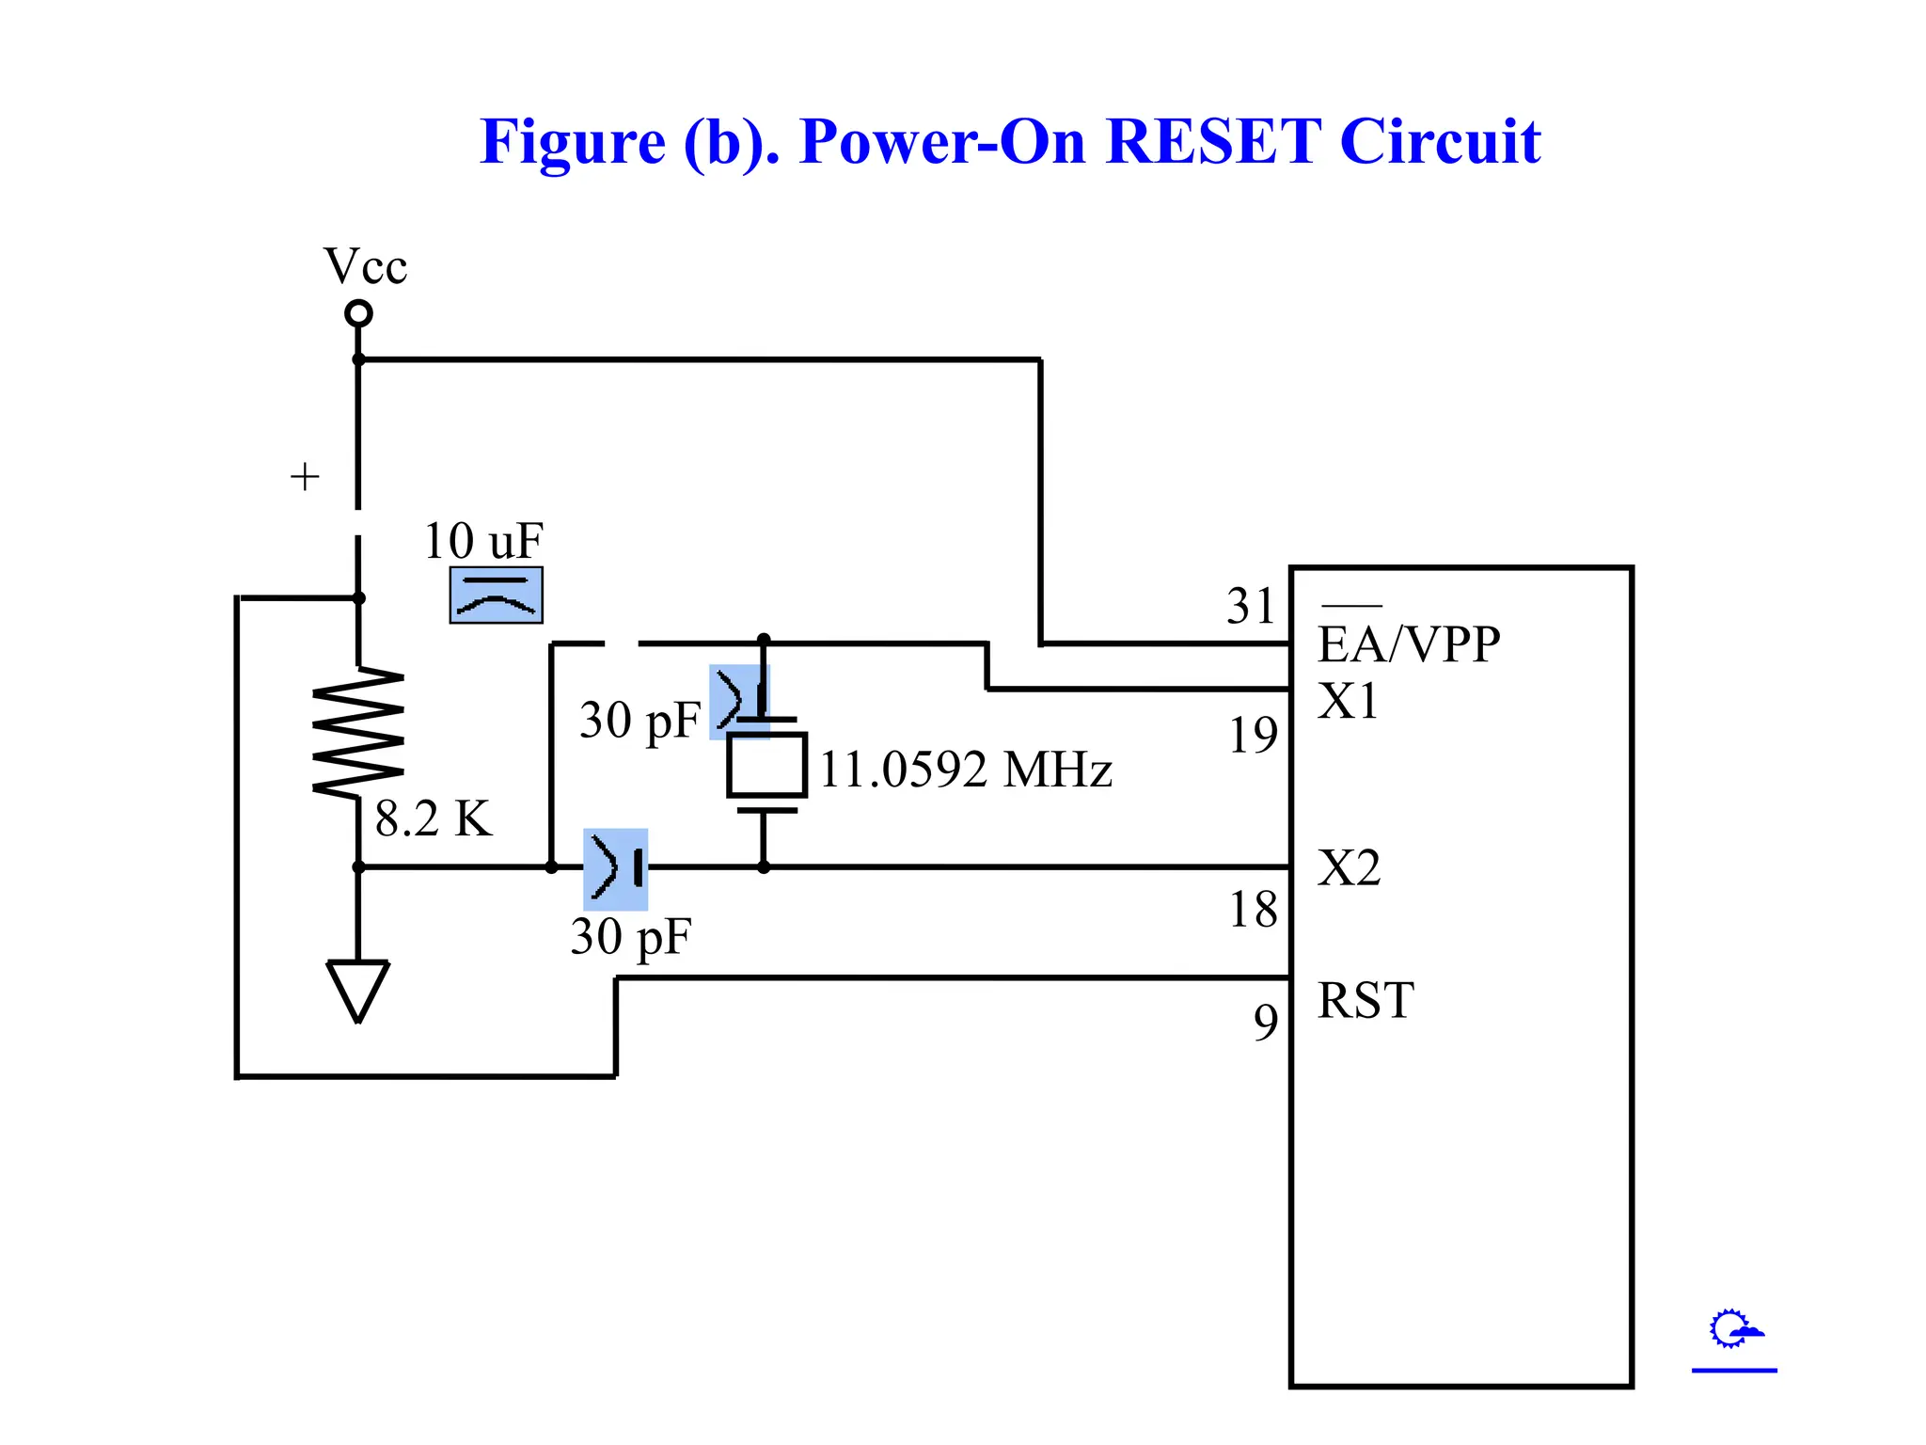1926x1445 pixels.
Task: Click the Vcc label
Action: click(x=365, y=266)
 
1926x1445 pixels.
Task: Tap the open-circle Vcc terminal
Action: click(x=358, y=313)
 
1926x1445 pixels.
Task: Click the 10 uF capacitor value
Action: click(x=483, y=541)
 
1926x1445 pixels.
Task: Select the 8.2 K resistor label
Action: click(x=434, y=818)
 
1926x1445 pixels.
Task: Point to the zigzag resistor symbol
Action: click(x=358, y=733)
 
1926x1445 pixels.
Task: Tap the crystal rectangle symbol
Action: click(x=766, y=765)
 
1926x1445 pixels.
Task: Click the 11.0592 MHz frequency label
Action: click(x=966, y=770)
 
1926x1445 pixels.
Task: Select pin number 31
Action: click(x=1251, y=606)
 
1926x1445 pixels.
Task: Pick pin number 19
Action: click(x=1254, y=735)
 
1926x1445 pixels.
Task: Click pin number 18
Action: click(x=1254, y=910)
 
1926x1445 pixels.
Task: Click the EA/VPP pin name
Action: click(x=1408, y=644)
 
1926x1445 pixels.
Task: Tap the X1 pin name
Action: click(x=1348, y=702)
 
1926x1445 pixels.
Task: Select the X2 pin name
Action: click(x=1349, y=867)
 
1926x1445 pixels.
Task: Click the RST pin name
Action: click(x=1366, y=1000)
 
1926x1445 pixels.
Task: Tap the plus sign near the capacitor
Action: click(x=305, y=477)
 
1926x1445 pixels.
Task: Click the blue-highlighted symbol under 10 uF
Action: click(x=496, y=595)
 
